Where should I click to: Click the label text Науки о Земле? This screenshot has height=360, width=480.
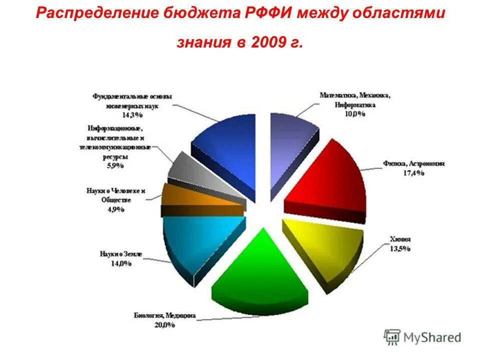120,254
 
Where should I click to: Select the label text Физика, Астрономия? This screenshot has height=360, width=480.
414,164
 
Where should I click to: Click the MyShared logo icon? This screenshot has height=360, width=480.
392,337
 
